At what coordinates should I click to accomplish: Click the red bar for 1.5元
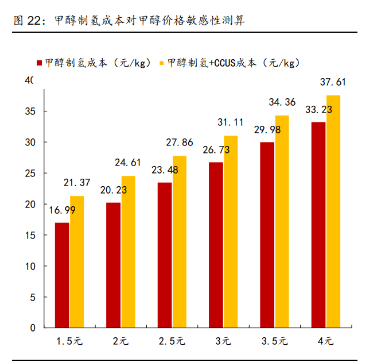click(62, 275)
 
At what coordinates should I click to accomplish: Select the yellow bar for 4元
click(333, 211)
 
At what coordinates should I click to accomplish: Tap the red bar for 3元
click(216, 245)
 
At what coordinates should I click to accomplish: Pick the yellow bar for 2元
click(128, 252)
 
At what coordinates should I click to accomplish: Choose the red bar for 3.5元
click(267, 234)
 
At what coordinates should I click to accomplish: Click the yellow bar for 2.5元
click(179, 241)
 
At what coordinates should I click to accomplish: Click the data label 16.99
click(61, 210)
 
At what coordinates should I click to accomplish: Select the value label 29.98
click(267, 130)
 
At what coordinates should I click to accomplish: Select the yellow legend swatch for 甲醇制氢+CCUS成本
click(162, 63)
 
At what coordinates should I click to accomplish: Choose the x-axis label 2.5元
click(172, 341)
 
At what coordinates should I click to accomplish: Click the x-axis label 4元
click(325, 341)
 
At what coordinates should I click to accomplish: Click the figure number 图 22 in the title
click(27, 21)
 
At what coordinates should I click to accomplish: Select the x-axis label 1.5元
click(69, 341)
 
